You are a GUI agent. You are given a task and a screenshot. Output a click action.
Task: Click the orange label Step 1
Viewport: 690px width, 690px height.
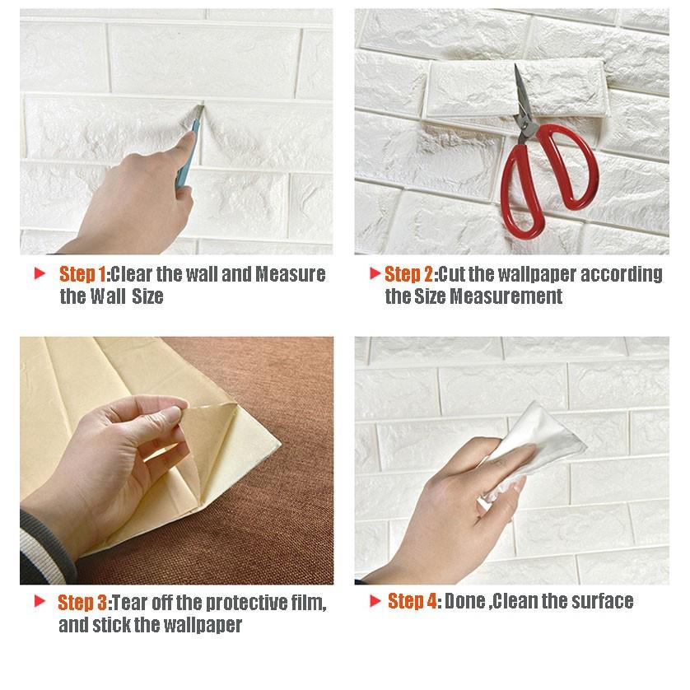[82, 274]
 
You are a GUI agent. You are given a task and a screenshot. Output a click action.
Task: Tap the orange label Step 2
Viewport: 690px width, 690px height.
[408, 274]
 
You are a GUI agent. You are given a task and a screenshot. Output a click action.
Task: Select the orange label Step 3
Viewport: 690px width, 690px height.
[82, 603]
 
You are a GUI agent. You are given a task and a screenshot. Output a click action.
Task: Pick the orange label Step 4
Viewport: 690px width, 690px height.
[412, 601]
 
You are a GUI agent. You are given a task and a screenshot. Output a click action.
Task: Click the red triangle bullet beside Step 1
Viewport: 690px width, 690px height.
[40, 273]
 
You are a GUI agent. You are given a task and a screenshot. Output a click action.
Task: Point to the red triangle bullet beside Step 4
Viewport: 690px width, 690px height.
[375, 601]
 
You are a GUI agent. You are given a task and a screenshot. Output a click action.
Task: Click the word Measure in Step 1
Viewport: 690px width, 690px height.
[291, 274]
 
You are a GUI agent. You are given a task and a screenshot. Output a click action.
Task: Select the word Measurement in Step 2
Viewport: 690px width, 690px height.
[506, 296]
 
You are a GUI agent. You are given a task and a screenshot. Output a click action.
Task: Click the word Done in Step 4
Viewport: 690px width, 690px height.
[464, 601]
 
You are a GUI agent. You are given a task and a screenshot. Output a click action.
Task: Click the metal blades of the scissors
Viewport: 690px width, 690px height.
[521, 96]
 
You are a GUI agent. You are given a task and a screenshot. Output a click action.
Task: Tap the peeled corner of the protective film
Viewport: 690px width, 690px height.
[207, 422]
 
